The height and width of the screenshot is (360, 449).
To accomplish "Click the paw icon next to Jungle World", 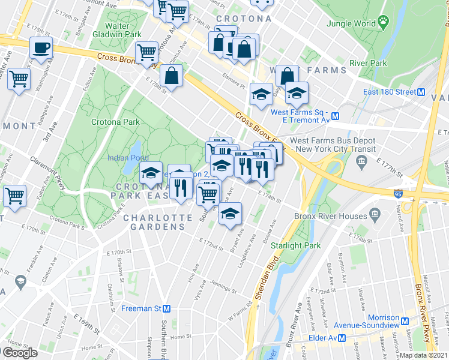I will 383,23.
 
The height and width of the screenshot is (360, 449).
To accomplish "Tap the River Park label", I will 367,63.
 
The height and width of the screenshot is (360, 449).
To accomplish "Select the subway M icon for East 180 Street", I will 421,92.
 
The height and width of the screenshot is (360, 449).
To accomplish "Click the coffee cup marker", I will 41,48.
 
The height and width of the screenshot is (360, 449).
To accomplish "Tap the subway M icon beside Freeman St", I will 167,309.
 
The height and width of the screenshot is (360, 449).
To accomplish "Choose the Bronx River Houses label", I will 330,216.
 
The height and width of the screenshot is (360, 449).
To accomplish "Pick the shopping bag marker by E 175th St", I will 172,76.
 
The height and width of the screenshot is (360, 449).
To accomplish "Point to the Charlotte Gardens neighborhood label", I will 154,222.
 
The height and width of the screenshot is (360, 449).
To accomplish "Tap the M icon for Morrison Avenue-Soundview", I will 405,321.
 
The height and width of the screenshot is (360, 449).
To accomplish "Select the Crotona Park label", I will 115,122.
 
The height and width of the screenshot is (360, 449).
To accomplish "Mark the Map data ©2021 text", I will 424,355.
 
